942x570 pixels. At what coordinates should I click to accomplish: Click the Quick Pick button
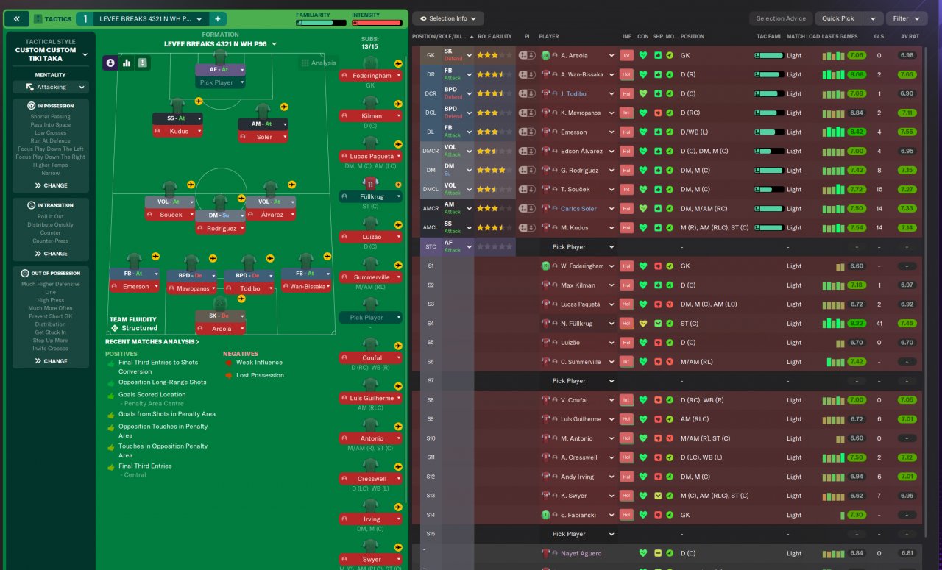[x=838, y=18]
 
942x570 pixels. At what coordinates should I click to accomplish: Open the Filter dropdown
[x=905, y=18]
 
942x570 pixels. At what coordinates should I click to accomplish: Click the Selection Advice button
[x=780, y=18]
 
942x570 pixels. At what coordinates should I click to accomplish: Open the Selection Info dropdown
[x=447, y=18]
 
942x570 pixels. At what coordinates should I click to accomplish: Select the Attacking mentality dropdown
[x=51, y=87]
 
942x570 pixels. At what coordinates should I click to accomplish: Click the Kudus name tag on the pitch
[x=177, y=131]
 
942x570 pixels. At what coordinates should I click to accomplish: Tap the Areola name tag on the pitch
[x=220, y=329]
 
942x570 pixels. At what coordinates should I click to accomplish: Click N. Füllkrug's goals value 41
[x=879, y=324]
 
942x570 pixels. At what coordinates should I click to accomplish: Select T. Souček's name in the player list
[x=576, y=189]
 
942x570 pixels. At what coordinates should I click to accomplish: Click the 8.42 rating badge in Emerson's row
[x=856, y=132]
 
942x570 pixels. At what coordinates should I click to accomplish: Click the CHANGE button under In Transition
[x=51, y=254]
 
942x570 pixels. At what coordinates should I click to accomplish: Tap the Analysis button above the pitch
[x=319, y=63]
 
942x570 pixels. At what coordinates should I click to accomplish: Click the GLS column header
[x=879, y=36]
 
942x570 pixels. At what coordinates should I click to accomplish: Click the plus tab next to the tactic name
[x=218, y=18]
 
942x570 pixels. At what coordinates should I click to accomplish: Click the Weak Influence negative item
[x=259, y=363]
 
